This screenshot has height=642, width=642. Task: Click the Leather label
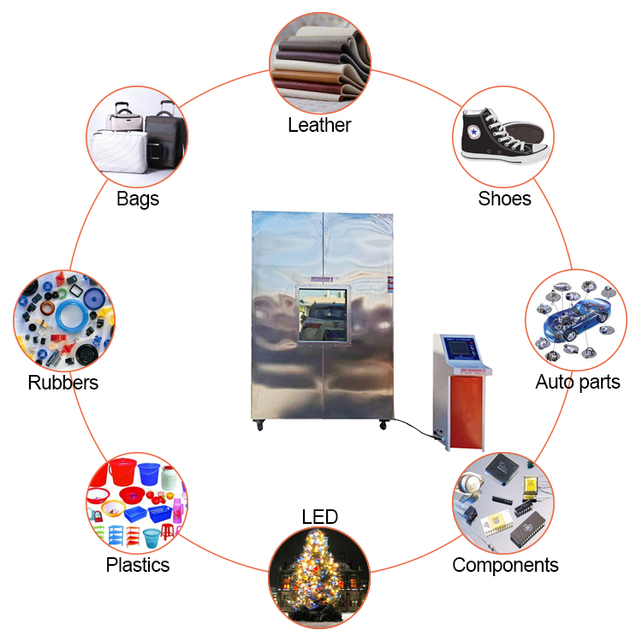point(319,125)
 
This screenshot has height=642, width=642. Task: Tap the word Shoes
point(504,199)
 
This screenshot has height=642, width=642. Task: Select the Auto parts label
point(578,382)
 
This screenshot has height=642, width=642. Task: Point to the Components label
point(505,565)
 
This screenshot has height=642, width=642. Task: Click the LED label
point(319,516)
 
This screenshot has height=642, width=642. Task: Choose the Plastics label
point(138,565)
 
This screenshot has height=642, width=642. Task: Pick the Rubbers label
point(62,383)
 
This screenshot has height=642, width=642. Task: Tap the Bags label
point(138,199)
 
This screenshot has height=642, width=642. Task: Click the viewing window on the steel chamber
point(323,316)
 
